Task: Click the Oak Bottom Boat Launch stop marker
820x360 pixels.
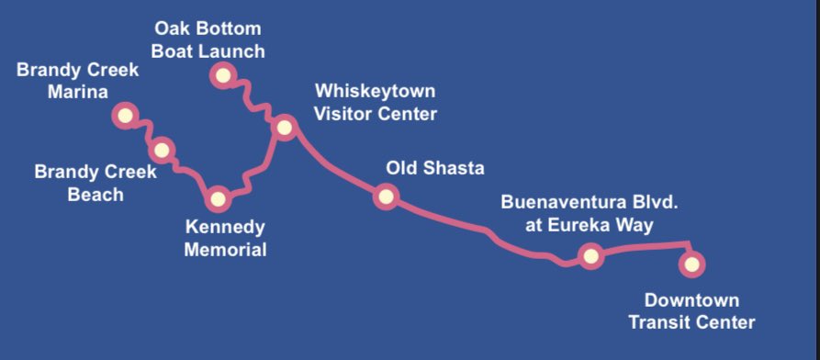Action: point(221,74)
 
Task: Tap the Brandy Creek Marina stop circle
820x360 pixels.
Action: point(124,116)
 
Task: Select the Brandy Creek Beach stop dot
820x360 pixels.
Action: point(162,150)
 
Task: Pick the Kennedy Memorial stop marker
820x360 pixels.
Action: point(218,197)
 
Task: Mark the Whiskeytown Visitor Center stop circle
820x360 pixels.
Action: point(284,128)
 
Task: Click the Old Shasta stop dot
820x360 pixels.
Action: point(386,196)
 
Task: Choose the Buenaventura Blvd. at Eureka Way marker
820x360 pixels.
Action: point(590,255)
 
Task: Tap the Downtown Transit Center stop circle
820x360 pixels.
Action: point(692,264)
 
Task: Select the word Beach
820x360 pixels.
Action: point(95,195)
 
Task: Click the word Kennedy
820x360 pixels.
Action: point(225,227)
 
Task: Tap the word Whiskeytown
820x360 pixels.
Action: point(375,92)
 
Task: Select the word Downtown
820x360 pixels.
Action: point(691,300)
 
